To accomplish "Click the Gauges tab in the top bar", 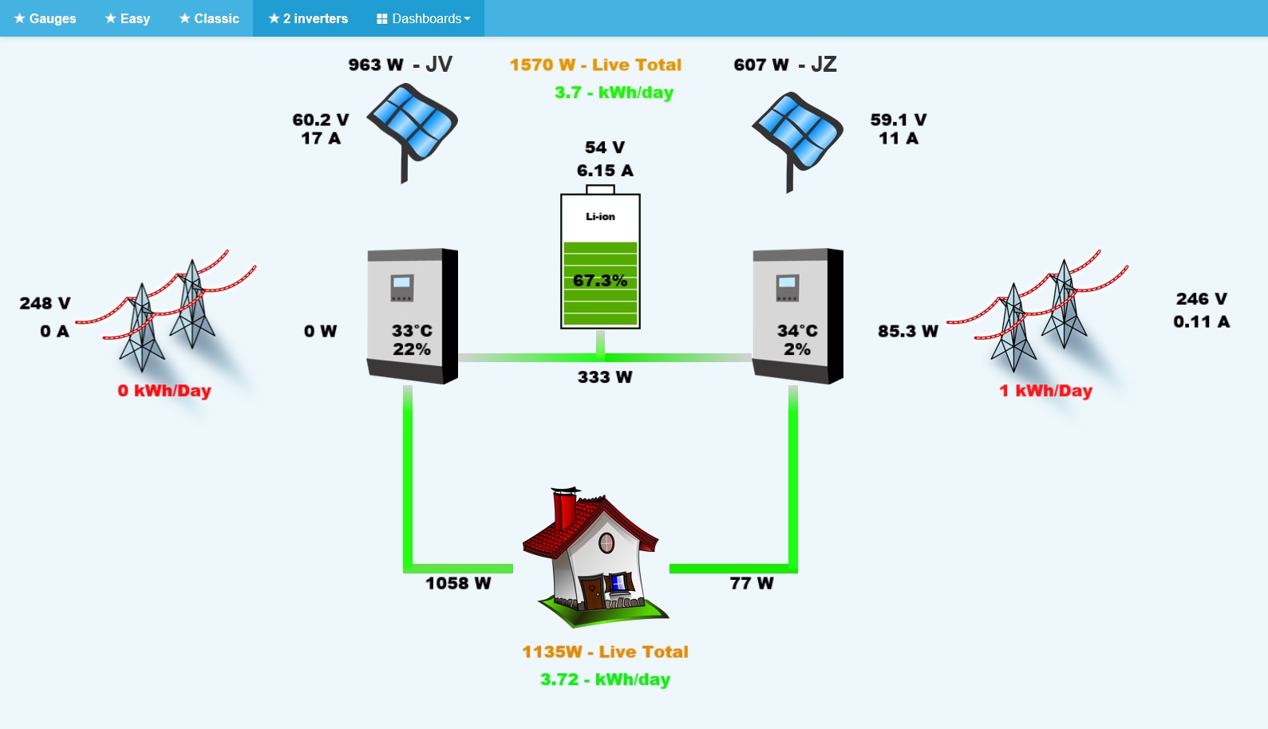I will click(45, 18).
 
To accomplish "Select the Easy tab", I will click(128, 18).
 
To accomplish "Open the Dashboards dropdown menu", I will click(424, 18).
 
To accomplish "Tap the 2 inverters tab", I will click(308, 18).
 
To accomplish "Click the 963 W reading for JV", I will click(376, 65).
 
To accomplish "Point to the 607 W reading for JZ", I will click(761, 65).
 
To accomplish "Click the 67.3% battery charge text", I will click(600, 281).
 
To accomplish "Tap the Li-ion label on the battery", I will click(600, 217).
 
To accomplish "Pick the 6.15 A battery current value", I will click(605, 171).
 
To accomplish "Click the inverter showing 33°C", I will click(412, 315).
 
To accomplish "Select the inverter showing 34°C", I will click(797, 315).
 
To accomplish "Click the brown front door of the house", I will click(592, 593).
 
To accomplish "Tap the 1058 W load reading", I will click(458, 583).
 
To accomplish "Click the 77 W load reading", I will click(752, 583).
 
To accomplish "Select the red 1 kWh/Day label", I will click(1045, 391).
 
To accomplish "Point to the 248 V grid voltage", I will click(45, 303).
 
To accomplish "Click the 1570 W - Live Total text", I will click(595, 65).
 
